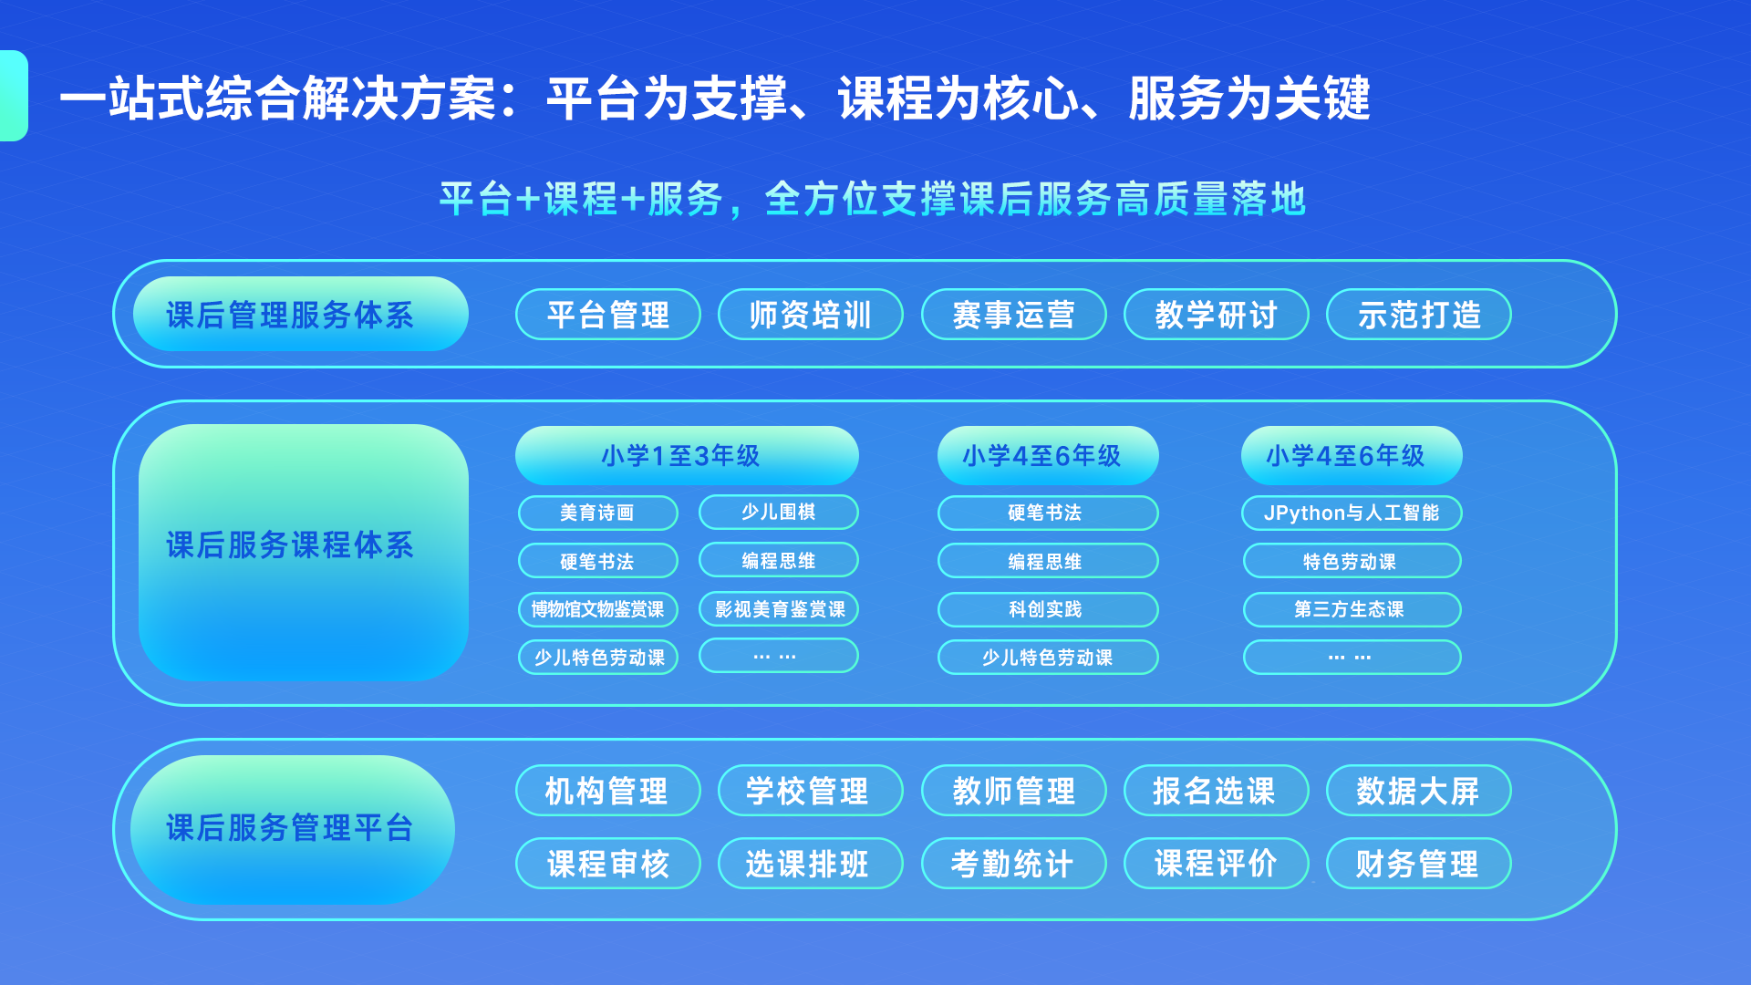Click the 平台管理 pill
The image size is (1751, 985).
[x=607, y=315]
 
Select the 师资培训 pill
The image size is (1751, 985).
[x=810, y=315]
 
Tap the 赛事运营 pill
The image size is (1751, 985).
[x=1013, y=315]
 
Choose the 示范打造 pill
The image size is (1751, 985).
[x=1418, y=315]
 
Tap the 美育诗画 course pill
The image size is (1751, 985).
[x=597, y=513]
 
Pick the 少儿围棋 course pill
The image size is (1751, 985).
[x=778, y=512]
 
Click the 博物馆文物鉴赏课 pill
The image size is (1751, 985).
[x=597, y=609]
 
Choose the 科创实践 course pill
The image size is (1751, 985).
[x=1047, y=609]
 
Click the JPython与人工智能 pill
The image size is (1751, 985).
[x=1351, y=513]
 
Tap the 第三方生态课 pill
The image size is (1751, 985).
[x=1351, y=609]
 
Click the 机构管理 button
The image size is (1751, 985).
[x=607, y=791]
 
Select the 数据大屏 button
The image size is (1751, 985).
[x=1418, y=791]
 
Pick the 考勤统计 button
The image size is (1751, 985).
[x=1013, y=864]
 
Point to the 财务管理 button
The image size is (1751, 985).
[x=1418, y=864]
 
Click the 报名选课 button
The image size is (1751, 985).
[x=1216, y=791]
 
